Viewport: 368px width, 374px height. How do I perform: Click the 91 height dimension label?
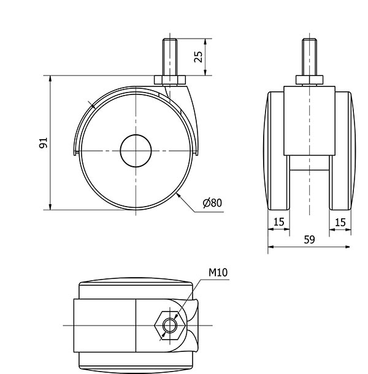point(44,143)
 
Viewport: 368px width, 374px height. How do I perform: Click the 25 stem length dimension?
point(198,57)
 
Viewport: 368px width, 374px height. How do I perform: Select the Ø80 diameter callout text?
point(212,203)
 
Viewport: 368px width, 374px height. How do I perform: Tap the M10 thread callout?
point(218,272)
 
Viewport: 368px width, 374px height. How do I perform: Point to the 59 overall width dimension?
point(309,240)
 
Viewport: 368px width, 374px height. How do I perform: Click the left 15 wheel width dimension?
point(278,222)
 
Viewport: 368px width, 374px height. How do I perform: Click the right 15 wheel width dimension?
point(340,223)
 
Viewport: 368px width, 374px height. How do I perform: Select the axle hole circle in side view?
point(136,151)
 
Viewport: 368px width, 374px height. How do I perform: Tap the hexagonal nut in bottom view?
point(170,326)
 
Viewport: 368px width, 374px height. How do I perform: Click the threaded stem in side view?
point(170,57)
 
